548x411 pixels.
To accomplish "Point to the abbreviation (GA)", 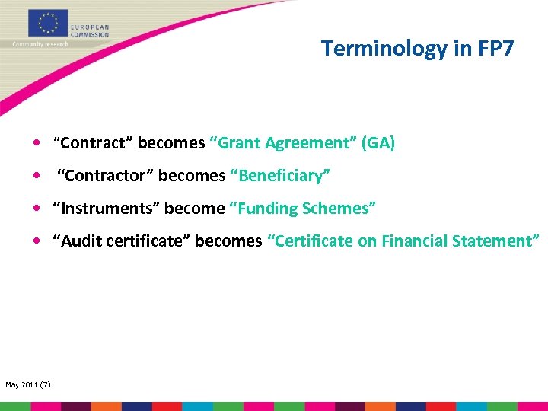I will (378, 143).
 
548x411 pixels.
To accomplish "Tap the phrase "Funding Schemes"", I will (303, 209).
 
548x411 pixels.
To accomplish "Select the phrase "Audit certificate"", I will (121, 241).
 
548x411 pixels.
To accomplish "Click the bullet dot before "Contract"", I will (37, 143).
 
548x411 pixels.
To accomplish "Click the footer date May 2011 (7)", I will (28, 384).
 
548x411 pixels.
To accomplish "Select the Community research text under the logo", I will (40, 44).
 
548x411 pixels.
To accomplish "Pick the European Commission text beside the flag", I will (90, 30).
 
